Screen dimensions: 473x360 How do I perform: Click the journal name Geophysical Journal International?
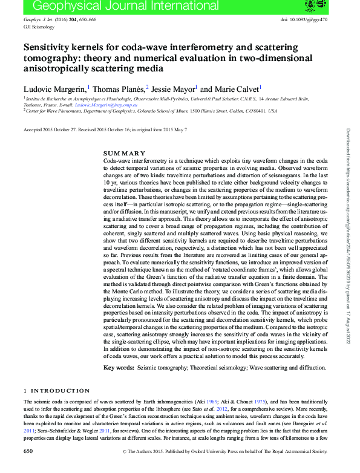(100, 7)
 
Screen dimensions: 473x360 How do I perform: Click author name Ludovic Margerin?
(56, 88)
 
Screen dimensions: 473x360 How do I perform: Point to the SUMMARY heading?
(125, 153)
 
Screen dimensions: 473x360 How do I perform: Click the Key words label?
(118, 368)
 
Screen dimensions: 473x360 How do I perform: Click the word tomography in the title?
(50, 58)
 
